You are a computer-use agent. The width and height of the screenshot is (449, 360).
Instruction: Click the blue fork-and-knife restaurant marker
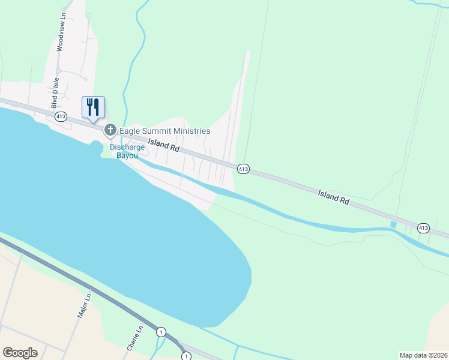tap(93, 107)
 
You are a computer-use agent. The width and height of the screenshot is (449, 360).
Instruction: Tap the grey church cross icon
tap(110, 130)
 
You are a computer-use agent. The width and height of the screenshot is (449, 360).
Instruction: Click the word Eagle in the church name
tap(131, 131)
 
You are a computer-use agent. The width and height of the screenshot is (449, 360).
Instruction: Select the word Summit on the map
tap(161, 131)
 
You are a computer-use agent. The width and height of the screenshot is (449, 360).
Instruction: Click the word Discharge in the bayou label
tap(127, 147)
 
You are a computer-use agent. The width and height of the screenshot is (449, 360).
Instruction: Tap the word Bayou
tap(127, 155)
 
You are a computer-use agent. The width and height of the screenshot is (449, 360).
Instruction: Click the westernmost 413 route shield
tap(60, 117)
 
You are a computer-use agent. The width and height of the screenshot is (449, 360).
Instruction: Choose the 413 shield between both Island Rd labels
tap(243, 169)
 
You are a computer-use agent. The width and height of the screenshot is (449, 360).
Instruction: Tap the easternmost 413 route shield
tap(423, 227)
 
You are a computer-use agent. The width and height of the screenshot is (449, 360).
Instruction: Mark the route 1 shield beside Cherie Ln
tap(161, 332)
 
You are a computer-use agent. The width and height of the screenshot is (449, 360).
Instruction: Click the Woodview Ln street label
tap(59, 33)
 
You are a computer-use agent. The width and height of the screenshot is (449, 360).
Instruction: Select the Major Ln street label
tap(84, 305)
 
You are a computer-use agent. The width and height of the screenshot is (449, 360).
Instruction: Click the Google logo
tap(20, 353)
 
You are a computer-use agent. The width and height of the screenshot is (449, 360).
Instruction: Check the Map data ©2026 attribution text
tap(423, 355)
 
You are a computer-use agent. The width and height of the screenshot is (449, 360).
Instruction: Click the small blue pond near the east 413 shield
tap(393, 224)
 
